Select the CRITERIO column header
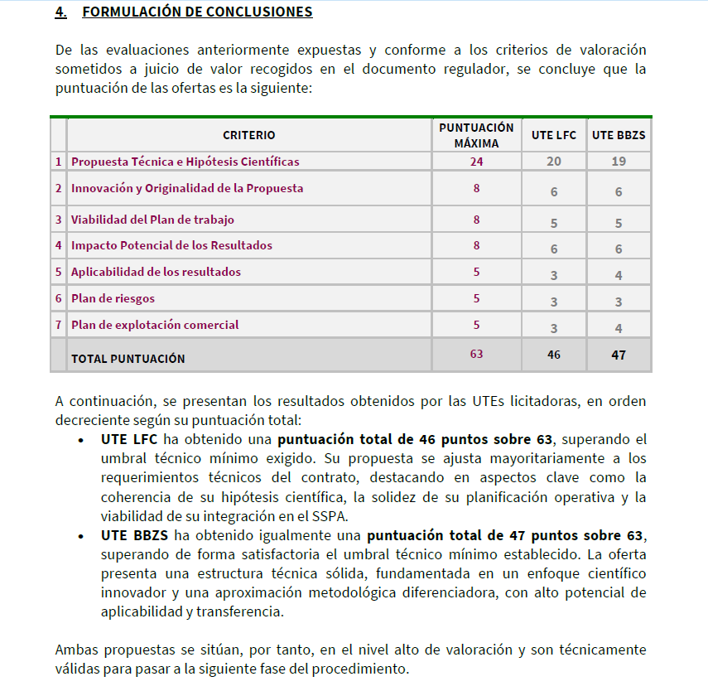[248, 135]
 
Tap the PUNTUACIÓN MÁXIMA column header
[476, 135]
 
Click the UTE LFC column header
[553, 135]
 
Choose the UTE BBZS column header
[619, 135]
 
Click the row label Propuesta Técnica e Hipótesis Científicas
[185, 162]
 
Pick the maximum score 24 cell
[476, 162]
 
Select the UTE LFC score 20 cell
[553, 162]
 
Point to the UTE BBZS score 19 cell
[619, 162]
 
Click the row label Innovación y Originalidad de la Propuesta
[187, 188]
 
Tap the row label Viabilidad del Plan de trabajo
[152, 220]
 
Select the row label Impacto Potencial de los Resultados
[171, 245]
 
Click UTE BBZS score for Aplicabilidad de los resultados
[619, 275]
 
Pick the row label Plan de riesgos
[113, 298]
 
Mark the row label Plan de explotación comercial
[155, 325]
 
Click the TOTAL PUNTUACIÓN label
[128, 359]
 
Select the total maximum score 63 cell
[476, 354]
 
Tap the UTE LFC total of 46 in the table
[553, 355]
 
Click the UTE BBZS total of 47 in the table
[619, 355]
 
